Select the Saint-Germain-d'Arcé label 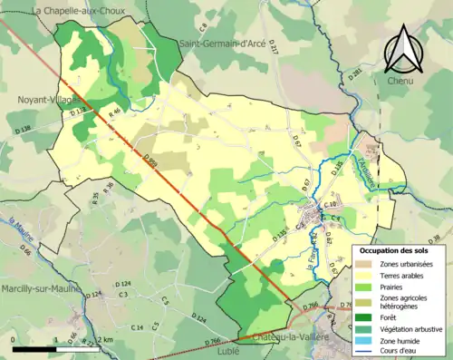click(x=222, y=43)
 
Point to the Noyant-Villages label click(x=44, y=102)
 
